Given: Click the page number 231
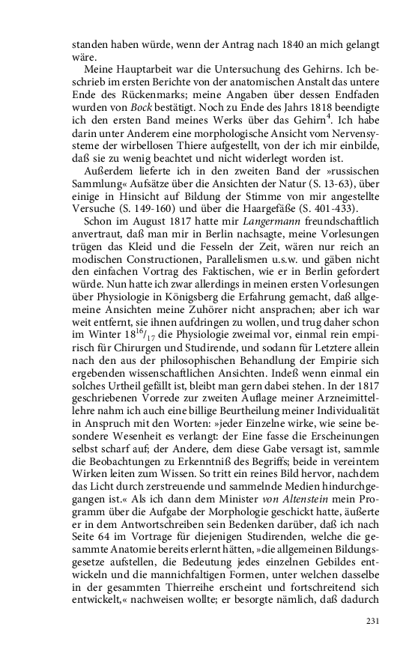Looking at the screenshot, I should (x=372, y=621).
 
